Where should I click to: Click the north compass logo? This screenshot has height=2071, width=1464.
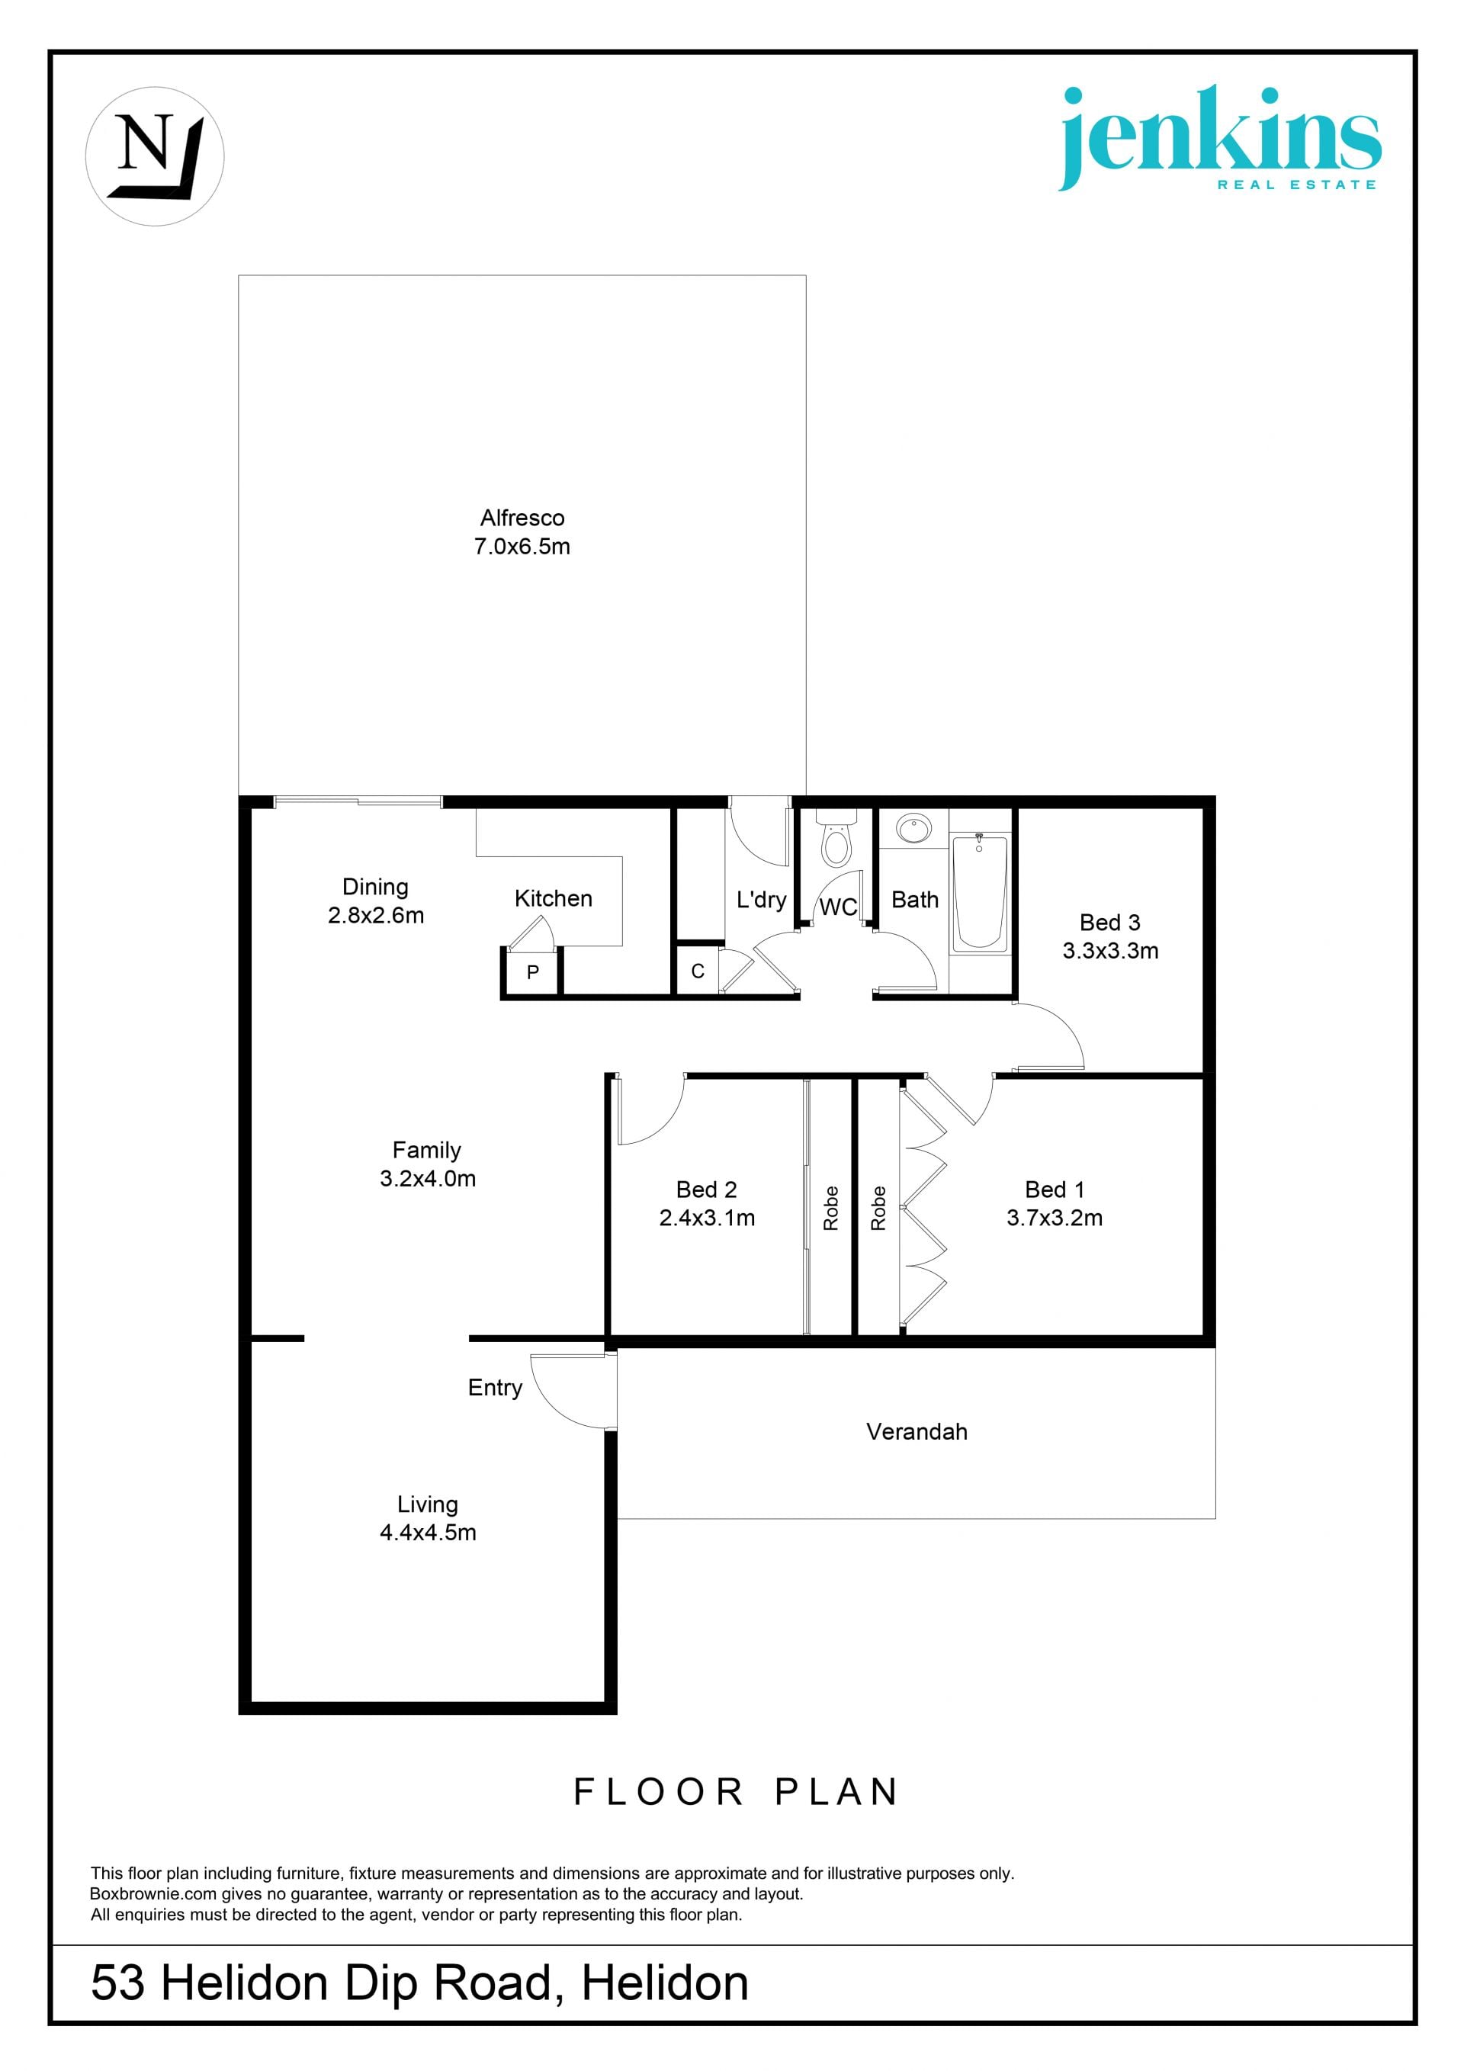(x=154, y=156)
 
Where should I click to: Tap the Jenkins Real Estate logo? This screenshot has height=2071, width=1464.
(x=1218, y=138)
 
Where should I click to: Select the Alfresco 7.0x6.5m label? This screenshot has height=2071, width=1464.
(x=522, y=532)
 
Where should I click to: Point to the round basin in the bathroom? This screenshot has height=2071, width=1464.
(x=913, y=828)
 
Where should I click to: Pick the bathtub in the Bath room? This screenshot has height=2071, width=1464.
(x=980, y=892)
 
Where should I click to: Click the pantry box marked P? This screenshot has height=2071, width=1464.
(x=533, y=972)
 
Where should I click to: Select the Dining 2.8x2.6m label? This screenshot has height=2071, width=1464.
(x=375, y=901)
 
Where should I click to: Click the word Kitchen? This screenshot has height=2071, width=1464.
(x=553, y=898)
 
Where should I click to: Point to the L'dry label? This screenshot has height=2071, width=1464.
(x=761, y=899)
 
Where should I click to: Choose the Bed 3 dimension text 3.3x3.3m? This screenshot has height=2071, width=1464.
(x=1110, y=951)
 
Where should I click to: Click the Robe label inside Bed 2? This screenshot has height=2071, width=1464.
(x=831, y=1208)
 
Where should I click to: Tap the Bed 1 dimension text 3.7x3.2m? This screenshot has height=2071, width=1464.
(x=1055, y=1218)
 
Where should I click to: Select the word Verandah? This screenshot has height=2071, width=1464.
(x=917, y=1431)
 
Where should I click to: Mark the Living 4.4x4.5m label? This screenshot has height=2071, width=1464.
(x=428, y=1518)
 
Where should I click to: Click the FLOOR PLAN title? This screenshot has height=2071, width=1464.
(x=736, y=1791)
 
